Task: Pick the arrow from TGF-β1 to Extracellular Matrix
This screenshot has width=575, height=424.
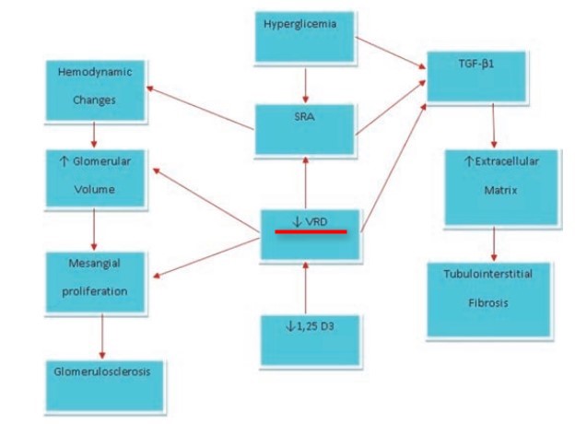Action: (x=495, y=124)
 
